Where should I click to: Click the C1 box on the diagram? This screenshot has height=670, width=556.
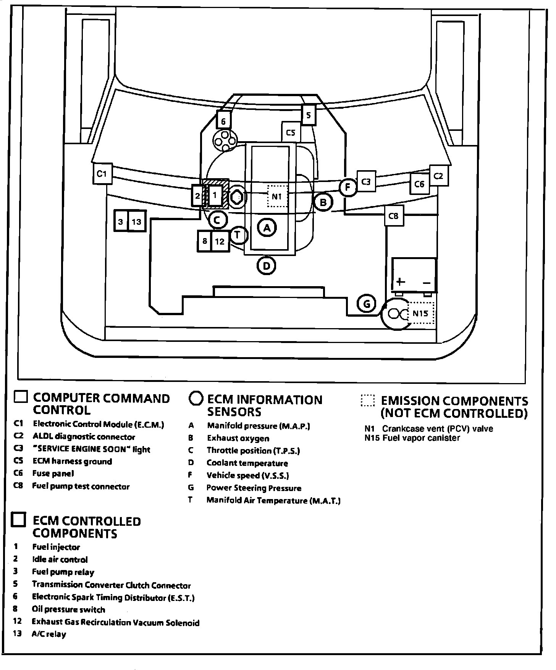coord(102,174)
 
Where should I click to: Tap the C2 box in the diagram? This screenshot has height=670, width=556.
coord(438,176)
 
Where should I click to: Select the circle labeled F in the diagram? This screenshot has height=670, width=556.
coord(347,187)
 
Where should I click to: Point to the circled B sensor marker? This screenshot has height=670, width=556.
coord(323,202)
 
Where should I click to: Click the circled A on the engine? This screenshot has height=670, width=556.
coord(267,228)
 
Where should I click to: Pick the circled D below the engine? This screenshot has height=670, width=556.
coord(267,266)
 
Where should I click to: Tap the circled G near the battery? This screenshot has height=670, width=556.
coord(367,304)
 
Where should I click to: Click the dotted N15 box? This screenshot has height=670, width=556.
coord(421,313)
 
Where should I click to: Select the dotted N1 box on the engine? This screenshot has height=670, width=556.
coord(277,196)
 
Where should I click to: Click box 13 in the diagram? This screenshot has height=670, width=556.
coord(136,221)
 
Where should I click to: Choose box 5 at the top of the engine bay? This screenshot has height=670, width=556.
coord(309,115)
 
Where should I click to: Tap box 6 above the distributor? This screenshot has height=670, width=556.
coord(223,121)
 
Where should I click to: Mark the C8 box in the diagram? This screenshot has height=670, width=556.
coord(393,216)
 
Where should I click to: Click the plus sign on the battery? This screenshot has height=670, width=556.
coord(400,282)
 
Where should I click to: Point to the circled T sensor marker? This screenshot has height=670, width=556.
coord(238,235)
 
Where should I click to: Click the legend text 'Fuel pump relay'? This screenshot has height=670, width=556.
coord(63,572)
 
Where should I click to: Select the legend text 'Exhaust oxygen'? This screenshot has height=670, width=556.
coord(238,438)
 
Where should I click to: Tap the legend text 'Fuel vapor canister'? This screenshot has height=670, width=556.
coord(421,438)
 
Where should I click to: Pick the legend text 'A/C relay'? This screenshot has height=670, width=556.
coord(49,635)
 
